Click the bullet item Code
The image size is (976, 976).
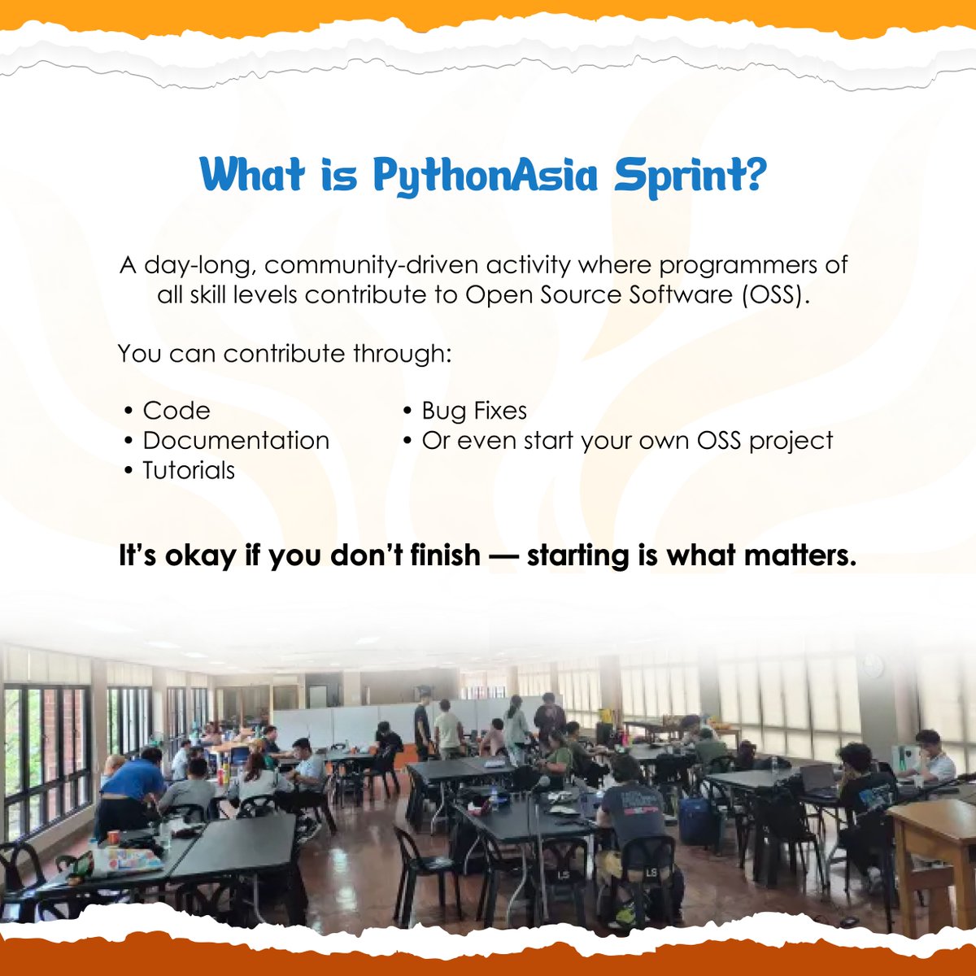point(176,411)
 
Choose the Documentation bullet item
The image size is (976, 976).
point(236,440)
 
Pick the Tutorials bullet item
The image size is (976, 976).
point(189,470)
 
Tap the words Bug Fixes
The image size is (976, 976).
point(474,411)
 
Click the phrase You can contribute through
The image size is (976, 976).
point(284,353)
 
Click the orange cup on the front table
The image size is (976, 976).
point(114,837)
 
